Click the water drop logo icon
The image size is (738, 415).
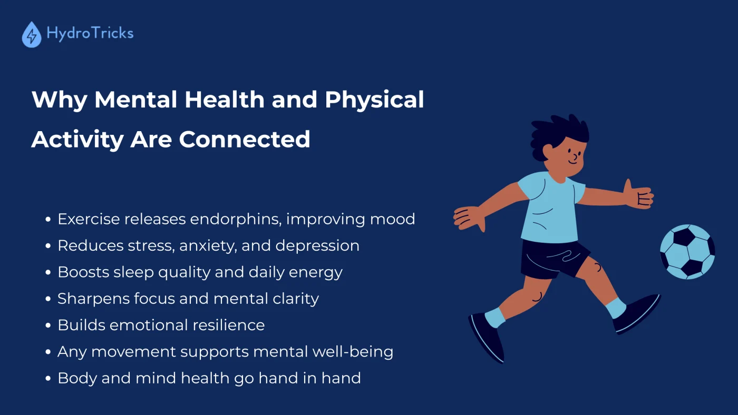[32, 35]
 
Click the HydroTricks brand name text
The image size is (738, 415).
[90, 33]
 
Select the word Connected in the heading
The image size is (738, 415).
[244, 139]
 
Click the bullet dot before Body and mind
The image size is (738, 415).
[48, 378]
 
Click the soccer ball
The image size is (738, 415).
[687, 251]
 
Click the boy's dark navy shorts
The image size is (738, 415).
[553, 258]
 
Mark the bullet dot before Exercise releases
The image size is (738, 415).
[48, 219]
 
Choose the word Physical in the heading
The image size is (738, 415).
[374, 100]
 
